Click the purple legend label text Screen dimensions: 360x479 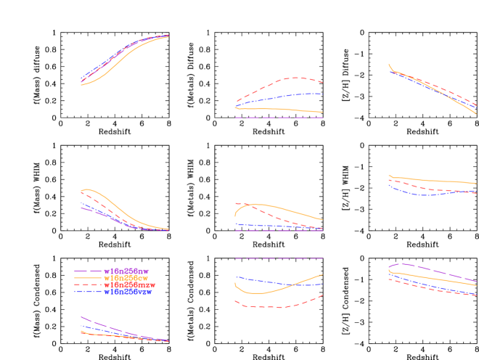coord(126,271)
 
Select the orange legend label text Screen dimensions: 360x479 coord(126,278)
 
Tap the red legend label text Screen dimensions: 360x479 coord(130,285)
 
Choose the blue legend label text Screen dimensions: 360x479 coord(128,292)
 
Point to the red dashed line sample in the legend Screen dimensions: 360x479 coord(88,285)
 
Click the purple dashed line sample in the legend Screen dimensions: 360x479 coord(88,271)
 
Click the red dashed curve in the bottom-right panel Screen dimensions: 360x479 coord(435,290)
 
